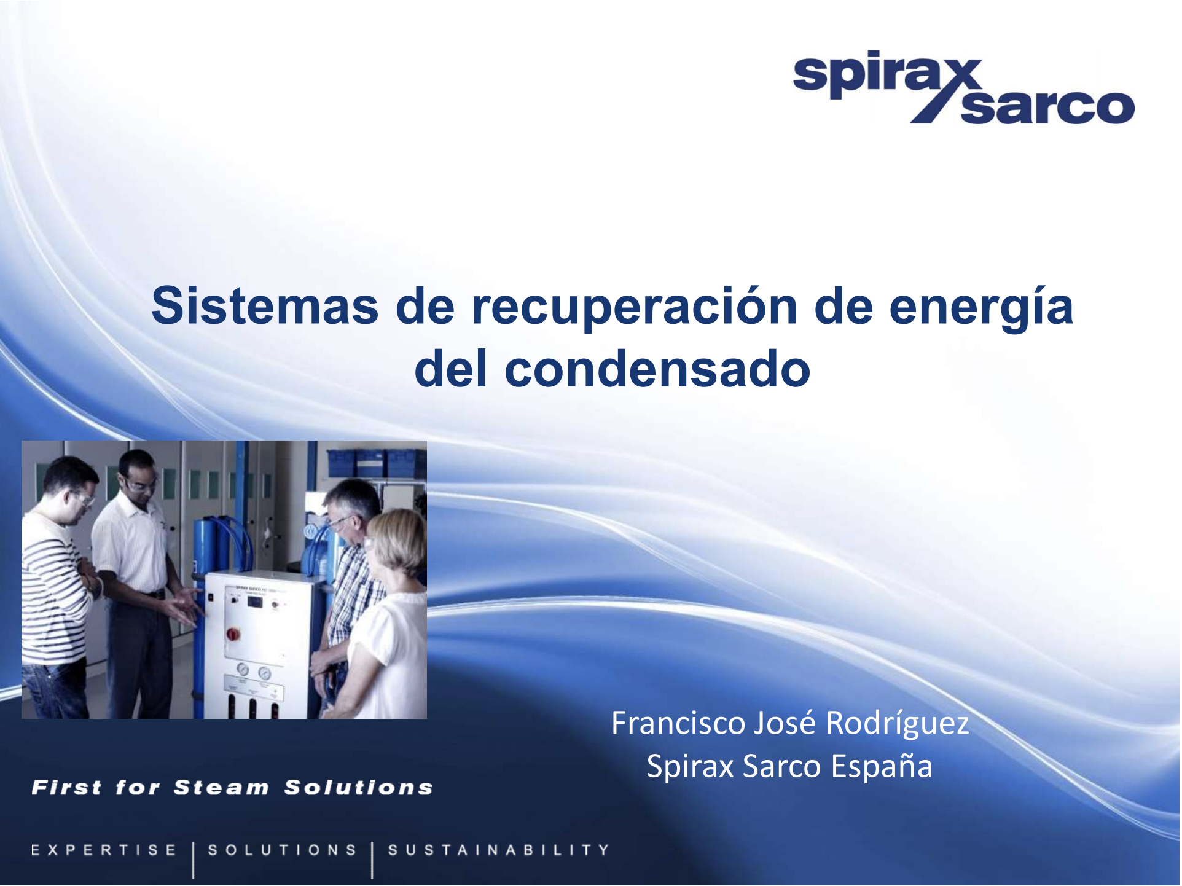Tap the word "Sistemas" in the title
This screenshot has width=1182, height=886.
[265, 305]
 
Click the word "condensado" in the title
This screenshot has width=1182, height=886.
[658, 369]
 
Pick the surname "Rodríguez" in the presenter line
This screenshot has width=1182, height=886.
[898, 724]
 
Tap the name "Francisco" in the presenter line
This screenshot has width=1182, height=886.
[678, 723]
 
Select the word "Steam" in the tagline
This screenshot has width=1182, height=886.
[221, 787]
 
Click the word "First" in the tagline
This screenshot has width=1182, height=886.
[66, 787]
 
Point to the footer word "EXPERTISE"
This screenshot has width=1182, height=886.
[104, 850]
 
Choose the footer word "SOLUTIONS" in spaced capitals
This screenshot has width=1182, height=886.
[283, 850]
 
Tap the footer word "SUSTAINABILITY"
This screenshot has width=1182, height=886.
[499, 850]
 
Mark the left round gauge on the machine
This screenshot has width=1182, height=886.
[243, 669]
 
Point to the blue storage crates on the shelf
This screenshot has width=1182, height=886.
[377, 462]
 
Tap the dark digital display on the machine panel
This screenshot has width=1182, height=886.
[254, 601]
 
